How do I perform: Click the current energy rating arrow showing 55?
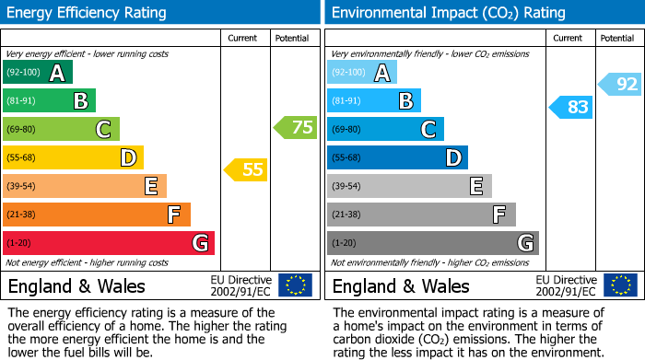(246, 169)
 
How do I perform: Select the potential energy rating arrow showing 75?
(296, 127)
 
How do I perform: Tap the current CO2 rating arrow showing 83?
(570, 107)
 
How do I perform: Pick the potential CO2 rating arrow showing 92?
(620, 85)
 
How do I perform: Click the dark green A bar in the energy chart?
(38, 73)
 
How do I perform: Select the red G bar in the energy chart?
(109, 243)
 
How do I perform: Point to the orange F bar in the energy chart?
(97, 215)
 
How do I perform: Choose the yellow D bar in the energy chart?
(73, 157)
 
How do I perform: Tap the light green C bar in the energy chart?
(61, 129)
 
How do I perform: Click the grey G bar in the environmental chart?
(432, 243)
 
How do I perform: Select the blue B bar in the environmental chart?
(373, 100)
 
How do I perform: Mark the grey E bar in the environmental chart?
(409, 186)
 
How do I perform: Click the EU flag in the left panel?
(296, 285)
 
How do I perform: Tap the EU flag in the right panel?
(620, 285)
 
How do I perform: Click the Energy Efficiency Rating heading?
(87, 13)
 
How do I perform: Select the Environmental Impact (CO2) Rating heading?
(448, 13)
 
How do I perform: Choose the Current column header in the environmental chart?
(569, 38)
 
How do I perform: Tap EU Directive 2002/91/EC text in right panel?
(566, 285)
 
